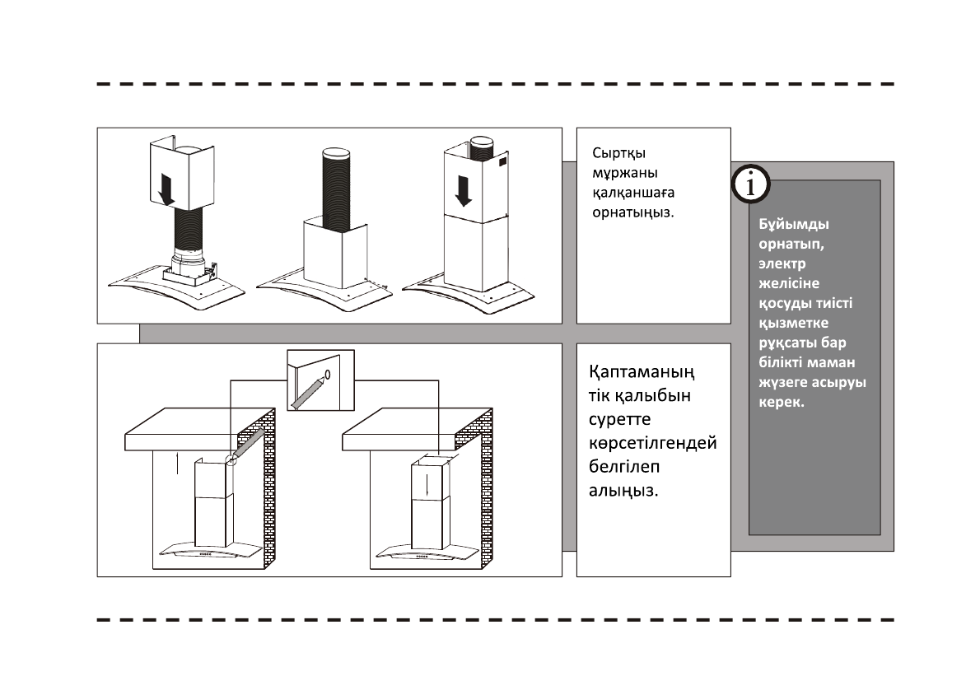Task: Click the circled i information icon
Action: [750, 185]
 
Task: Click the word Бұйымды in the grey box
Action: [793, 225]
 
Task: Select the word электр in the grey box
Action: [782, 264]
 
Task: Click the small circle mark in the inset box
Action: [328, 375]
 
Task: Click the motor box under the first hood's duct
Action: [191, 265]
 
